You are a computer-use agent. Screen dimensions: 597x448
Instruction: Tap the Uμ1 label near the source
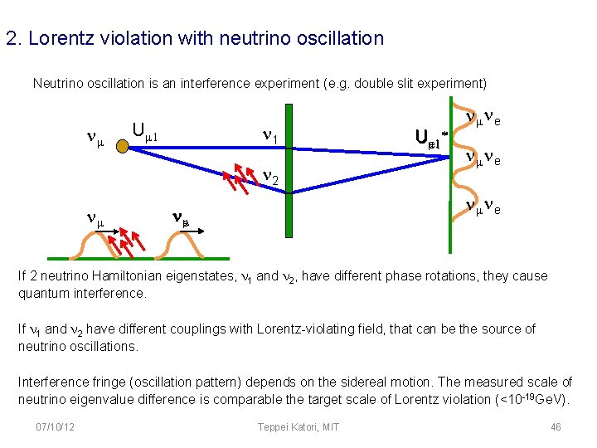tap(150, 131)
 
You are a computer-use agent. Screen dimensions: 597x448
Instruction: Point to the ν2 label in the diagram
tap(272, 178)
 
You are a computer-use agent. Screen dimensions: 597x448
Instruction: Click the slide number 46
tap(556, 426)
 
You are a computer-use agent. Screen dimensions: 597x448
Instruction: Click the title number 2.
tap(12, 38)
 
